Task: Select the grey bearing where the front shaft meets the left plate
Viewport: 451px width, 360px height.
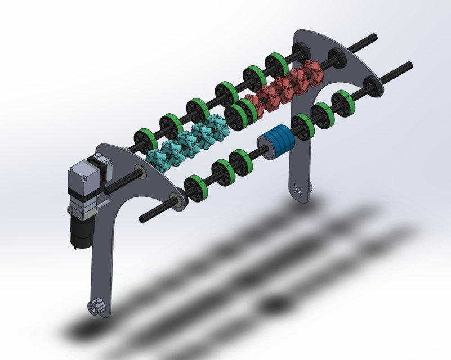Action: [176, 201]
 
